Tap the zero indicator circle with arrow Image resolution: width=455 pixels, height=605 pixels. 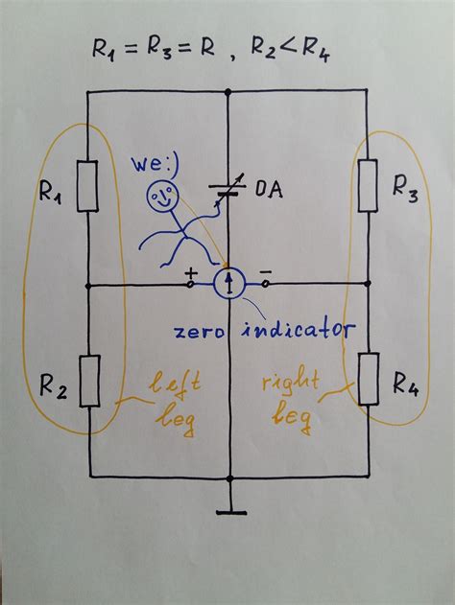pos(228,283)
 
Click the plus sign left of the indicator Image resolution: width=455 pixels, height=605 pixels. pos(188,271)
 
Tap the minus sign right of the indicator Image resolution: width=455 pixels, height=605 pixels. pos(265,271)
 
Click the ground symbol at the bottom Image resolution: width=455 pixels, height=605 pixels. pos(228,510)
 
